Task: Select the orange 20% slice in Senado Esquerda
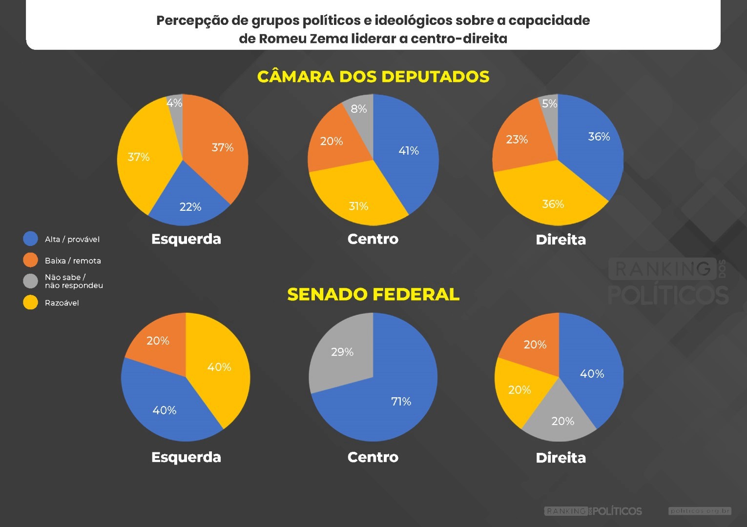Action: [x=159, y=342]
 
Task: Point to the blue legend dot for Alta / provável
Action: [x=30, y=239]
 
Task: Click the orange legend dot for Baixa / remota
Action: [x=30, y=260]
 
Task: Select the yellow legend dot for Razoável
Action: [x=30, y=303]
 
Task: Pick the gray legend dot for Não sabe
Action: [x=30, y=281]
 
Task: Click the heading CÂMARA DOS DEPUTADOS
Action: [x=373, y=77]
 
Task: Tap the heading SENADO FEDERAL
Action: [x=373, y=294]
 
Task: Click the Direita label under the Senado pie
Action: [x=560, y=458]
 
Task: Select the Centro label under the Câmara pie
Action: [x=373, y=239]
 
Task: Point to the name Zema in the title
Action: [x=329, y=39]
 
